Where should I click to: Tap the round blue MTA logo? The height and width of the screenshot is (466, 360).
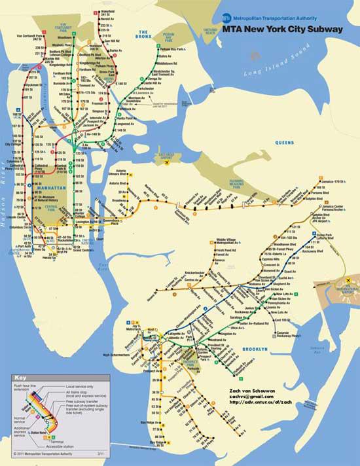click(x=226, y=18)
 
